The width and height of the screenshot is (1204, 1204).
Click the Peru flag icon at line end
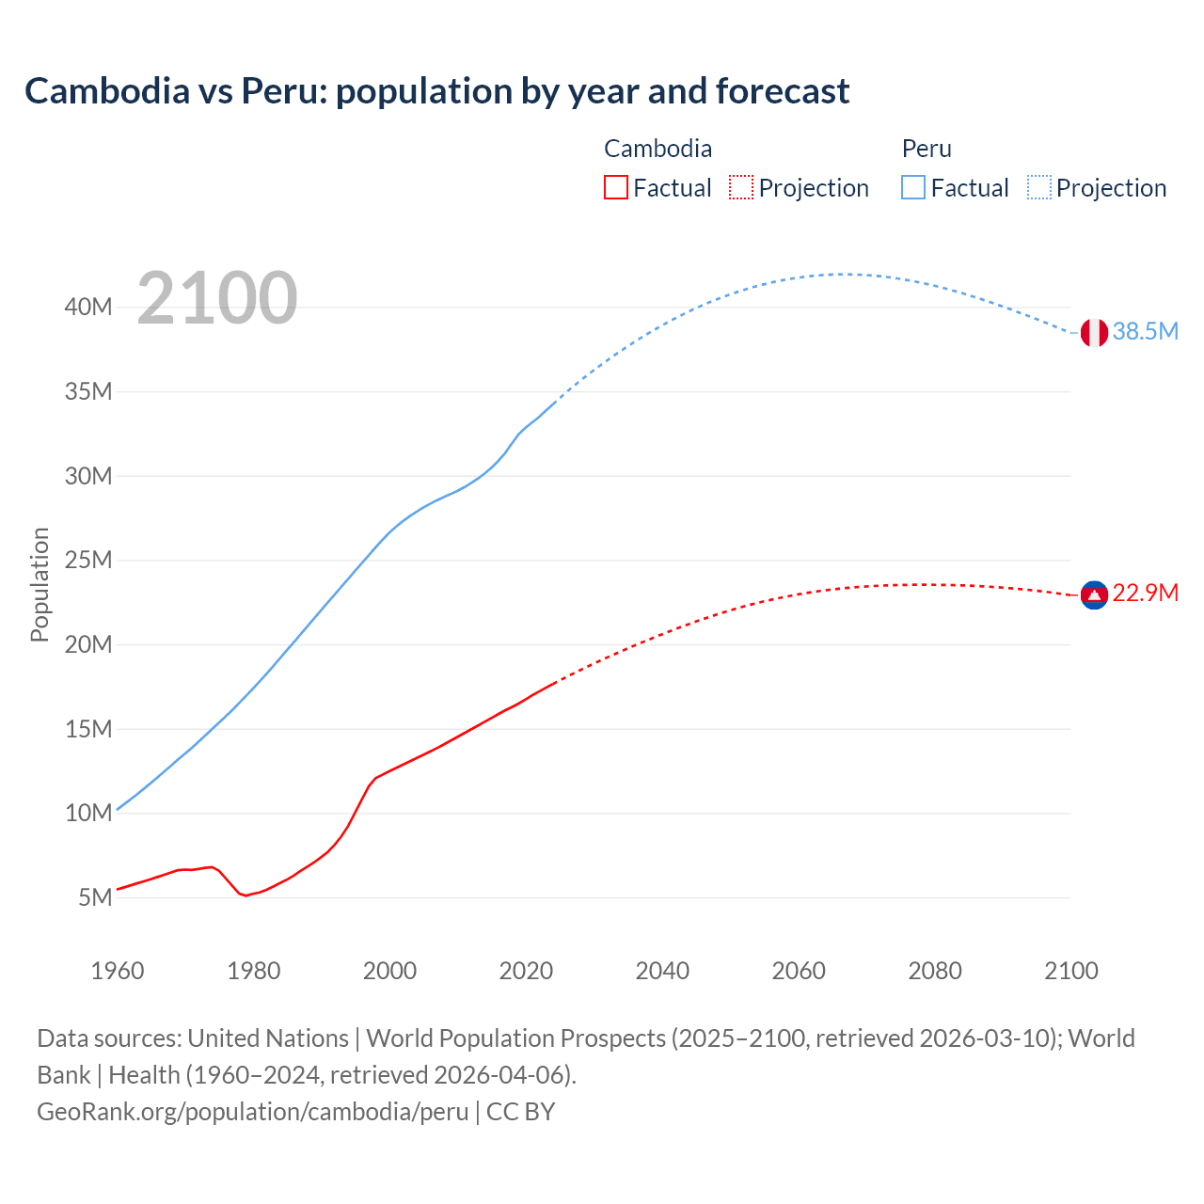1094,332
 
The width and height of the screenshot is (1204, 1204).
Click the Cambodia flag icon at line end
1094,594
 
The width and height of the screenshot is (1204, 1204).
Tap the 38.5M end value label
1145,331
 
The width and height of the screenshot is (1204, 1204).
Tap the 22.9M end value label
1145,593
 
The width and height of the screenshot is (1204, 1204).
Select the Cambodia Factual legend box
615,187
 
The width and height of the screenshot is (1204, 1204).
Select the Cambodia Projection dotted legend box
741,187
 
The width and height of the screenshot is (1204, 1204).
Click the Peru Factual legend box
912,187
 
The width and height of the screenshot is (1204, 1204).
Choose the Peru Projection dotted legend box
1038,187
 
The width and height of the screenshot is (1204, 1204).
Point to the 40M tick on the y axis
88,308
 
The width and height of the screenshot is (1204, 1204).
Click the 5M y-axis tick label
95,897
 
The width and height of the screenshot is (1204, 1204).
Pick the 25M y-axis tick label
88,561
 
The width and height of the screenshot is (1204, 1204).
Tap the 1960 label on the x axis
118,971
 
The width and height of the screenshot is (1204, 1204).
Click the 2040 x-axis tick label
662,971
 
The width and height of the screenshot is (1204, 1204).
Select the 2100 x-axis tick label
1071,971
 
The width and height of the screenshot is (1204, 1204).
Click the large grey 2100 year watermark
217,298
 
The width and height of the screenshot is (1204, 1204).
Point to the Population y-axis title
40,584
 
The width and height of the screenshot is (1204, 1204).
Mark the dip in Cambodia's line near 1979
246,895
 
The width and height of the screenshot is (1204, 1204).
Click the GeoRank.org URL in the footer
252,1111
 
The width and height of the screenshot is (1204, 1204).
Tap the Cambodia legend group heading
657,149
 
